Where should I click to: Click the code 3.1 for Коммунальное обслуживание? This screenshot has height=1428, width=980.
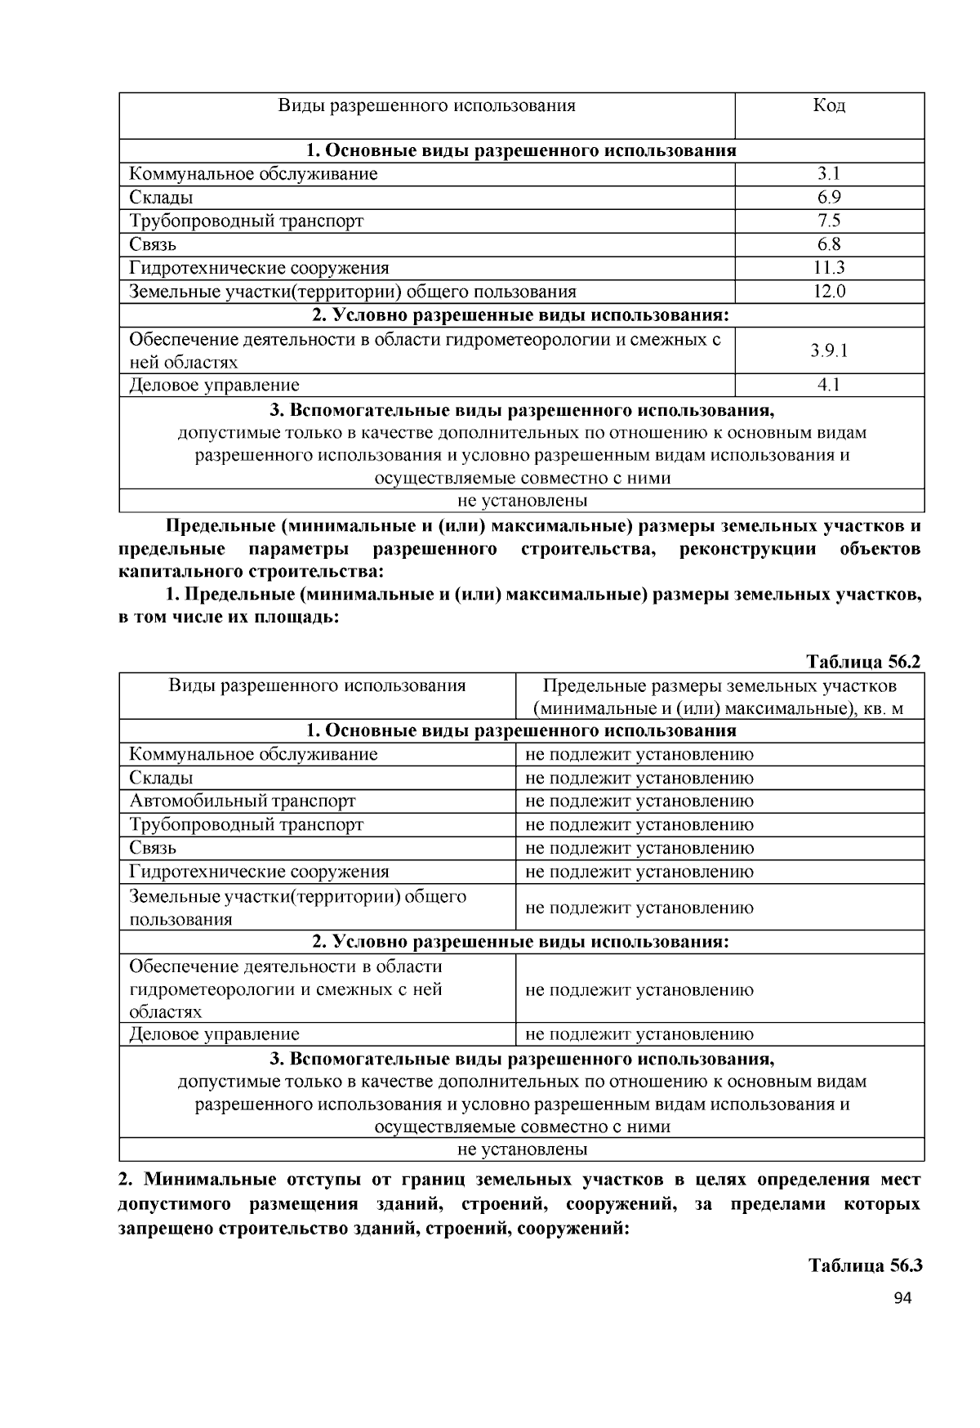tap(829, 174)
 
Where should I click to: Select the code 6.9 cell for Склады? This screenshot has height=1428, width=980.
tap(829, 198)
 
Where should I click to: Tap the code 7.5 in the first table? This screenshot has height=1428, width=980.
tap(829, 221)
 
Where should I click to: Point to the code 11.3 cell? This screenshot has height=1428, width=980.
tap(829, 268)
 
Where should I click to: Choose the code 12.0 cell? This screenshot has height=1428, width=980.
tap(829, 292)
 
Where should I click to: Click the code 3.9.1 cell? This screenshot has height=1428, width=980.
tap(829, 350)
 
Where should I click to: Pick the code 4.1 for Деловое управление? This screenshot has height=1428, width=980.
tap(829, 385)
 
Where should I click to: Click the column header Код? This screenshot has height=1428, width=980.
tap(829, 106)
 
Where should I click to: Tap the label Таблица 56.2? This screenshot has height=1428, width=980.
tap(863, 662)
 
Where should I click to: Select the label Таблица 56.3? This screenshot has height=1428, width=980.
tap(865, 1266)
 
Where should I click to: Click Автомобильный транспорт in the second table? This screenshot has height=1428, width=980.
tap(243, 801)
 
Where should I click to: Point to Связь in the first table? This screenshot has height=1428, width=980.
tap(153, 244)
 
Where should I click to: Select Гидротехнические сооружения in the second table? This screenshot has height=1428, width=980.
tap(259, 872)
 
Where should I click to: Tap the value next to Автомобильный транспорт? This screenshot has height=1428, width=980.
tap(639, 801)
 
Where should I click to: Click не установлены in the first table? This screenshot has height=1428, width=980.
tap(522, 501)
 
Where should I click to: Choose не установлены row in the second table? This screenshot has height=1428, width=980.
tap(522, 1149)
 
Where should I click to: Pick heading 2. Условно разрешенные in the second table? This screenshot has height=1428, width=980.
tap(521, 942)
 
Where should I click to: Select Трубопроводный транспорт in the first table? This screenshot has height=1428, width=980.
tap(246, 221)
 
